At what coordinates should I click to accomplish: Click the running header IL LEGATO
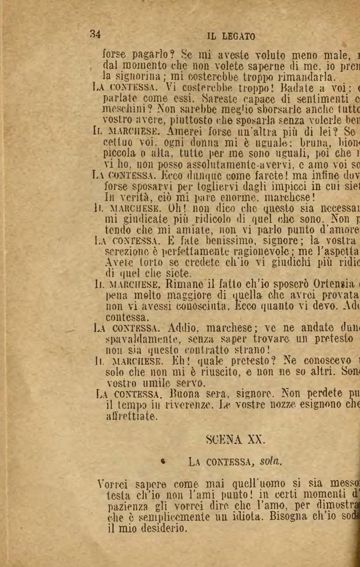coord(231,36)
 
